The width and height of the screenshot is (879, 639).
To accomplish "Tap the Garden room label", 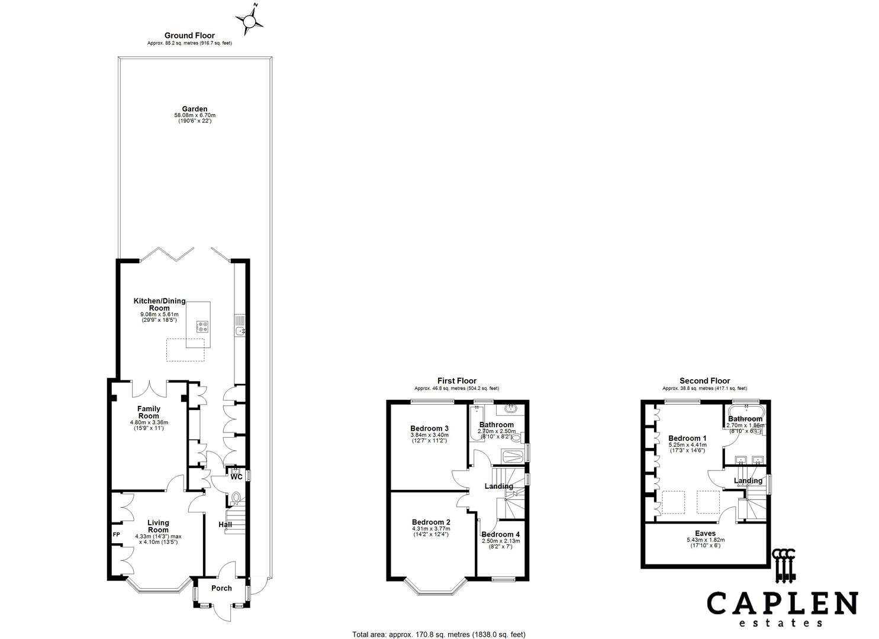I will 194,109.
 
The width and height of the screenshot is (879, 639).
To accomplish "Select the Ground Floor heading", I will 189,35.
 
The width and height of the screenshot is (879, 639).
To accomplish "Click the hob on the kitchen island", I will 202,326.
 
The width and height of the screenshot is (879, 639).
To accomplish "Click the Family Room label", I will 149,412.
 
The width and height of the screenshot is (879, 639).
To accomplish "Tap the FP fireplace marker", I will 117,534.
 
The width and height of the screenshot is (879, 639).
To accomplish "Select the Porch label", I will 221,588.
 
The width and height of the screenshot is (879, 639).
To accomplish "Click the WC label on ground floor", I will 236,477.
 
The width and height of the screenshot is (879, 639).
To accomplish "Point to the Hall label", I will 225,525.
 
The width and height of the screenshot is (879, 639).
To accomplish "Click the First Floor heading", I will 456,381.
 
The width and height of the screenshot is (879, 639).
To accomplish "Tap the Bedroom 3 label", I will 429,428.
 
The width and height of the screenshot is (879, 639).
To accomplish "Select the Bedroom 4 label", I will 500,534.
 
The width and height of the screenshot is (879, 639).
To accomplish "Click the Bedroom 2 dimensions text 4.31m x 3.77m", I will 431,528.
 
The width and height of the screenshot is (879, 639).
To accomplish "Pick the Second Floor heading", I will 704,381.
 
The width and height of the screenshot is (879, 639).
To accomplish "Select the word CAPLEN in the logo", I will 782,604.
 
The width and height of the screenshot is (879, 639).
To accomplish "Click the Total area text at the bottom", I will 439,634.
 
